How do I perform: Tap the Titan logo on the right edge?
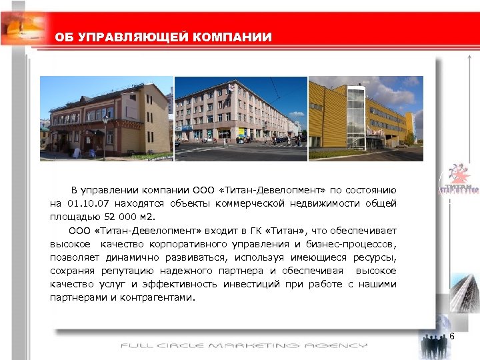[x=459, y=181]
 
